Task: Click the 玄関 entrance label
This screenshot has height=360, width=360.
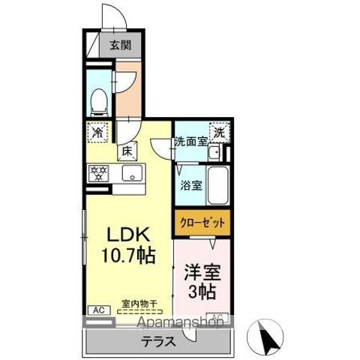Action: coord(120,45)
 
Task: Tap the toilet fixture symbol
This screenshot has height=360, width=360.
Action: coord(97,99)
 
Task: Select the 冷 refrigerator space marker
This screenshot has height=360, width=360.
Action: coord(98,132)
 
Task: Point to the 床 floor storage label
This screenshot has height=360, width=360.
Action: coord(127,151)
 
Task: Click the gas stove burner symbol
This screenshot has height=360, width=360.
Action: coord(98,172)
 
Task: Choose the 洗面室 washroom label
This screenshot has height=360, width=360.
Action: coord(190,141)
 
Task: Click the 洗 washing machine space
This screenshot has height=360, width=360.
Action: coord(218,131)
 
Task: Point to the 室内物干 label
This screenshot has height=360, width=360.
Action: coord(139,304)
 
